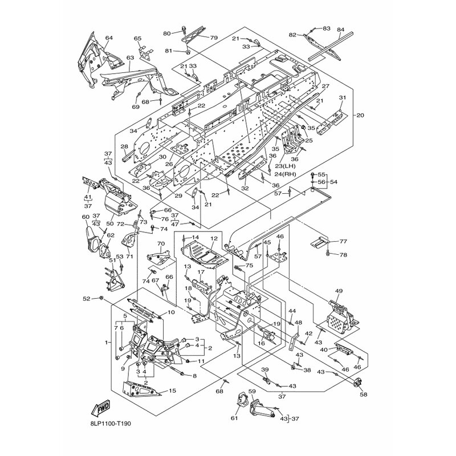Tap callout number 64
(109, 38)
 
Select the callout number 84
(341, 30)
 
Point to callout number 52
(101, 298)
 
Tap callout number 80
(166, 33)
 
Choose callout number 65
(137, 39)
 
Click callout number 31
(342, 97)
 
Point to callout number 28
(124, 147)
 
